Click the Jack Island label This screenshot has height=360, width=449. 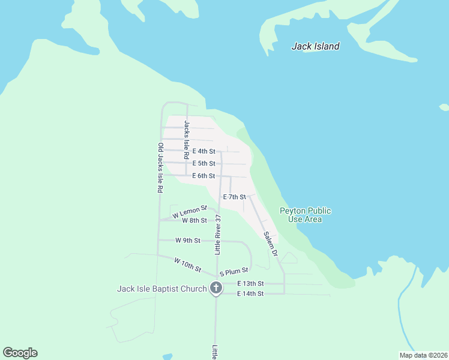coord(315,46)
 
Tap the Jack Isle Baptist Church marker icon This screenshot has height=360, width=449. coord(216,289)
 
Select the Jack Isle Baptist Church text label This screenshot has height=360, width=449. coord(161,289)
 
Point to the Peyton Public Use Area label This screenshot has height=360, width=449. coord(305,215)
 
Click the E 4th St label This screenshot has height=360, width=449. coord(204,151)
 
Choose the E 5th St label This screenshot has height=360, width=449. coord(204,163)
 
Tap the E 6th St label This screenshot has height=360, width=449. coord(204,176)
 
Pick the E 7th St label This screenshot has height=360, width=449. coord(234,197)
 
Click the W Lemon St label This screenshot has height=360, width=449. coord(189,212)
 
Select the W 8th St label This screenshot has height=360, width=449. coord(194,221)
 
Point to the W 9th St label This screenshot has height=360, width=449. coord(187,240)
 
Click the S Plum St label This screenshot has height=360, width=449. coord(234,272)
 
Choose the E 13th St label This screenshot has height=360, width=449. coord(250,283)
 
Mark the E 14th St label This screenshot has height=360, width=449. coord(250,293)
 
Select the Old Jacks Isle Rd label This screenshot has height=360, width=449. coord(160,167)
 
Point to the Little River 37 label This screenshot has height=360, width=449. coord(218,233)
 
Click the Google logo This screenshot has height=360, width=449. coord(20,353)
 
